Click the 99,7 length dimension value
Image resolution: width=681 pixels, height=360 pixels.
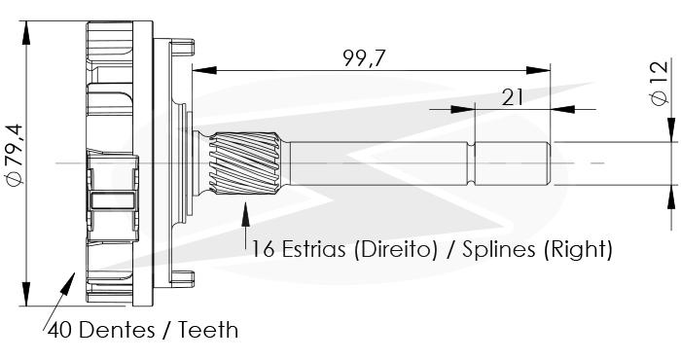click(x=364, y=58)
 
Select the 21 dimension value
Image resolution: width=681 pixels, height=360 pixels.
click(x=513, y=97)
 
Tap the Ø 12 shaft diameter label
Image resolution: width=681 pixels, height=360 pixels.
click(x=660, y=84)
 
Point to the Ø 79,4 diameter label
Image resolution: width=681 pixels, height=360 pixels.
click(x=16, y=155)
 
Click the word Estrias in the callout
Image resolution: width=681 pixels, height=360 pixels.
click(x=313, y=249)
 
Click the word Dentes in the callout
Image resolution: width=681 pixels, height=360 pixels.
click(x=117, y=330)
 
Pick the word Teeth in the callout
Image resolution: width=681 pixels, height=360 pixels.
click(x=208, y=330)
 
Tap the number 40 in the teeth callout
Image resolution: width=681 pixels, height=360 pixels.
click(x=60, y=330)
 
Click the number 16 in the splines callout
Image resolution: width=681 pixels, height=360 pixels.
click(x=264, y=250)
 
